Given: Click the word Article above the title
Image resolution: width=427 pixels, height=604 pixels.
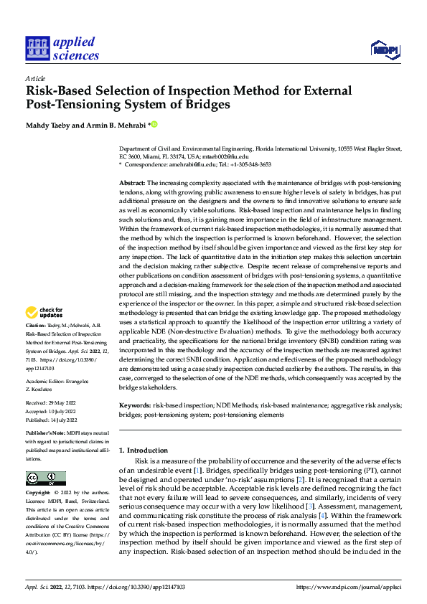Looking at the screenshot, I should [x=34, y=78].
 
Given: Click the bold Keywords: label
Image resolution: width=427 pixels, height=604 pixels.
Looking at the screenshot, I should [x=135, y=405].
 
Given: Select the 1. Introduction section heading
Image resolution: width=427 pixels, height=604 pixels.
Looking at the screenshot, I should [x=143, y=450].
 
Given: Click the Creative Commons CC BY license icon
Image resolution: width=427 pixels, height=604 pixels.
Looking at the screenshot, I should [x=45, y=478].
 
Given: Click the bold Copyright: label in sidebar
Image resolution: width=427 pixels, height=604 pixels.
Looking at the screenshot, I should [x=38, y=493].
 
